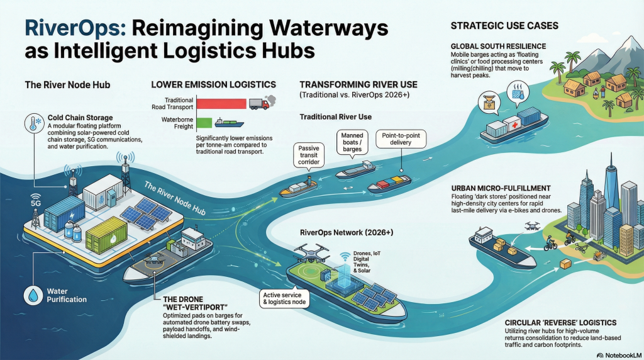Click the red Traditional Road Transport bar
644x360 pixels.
click(x=221, y=104)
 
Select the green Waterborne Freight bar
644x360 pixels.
click(x=204, y=122)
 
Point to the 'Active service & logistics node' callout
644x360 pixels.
click(x=281, y=300)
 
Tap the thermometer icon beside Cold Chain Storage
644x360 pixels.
click(x=31, y=123)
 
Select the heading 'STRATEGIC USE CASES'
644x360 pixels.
click(x=505, y=26)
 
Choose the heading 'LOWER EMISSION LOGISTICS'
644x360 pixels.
click(x=213, y=84)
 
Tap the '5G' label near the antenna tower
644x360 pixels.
click(x=28, y=203)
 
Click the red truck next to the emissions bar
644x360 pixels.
click(x=258, y=104)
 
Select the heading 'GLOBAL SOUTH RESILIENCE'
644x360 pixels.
click(x=498, y=47)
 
